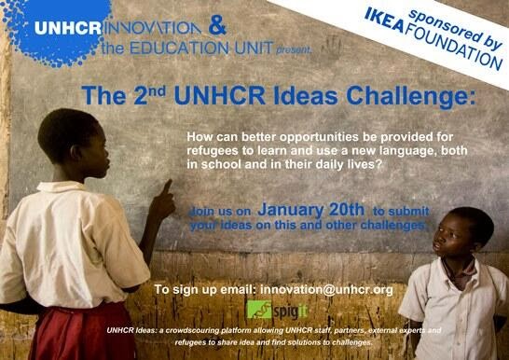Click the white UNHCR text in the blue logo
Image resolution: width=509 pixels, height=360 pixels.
[68, 28]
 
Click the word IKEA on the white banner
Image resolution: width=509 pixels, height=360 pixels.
[385, 21]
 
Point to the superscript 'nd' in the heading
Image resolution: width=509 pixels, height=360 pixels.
[158, 91]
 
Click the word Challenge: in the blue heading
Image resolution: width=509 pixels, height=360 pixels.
[410, 96]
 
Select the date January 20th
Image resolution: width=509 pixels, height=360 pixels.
[310, 210]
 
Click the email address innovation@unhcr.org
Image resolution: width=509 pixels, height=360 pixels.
[326, 289]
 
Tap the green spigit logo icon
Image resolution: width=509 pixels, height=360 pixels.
[259, 310]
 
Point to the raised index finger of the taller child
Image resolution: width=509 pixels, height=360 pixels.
[167, 187]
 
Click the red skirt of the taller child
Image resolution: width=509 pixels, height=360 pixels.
[83, 332]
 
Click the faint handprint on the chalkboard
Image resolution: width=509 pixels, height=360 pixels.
[331, 49]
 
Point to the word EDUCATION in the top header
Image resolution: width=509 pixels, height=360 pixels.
[179, 48]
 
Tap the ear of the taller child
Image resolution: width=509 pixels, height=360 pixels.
[76, 153]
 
